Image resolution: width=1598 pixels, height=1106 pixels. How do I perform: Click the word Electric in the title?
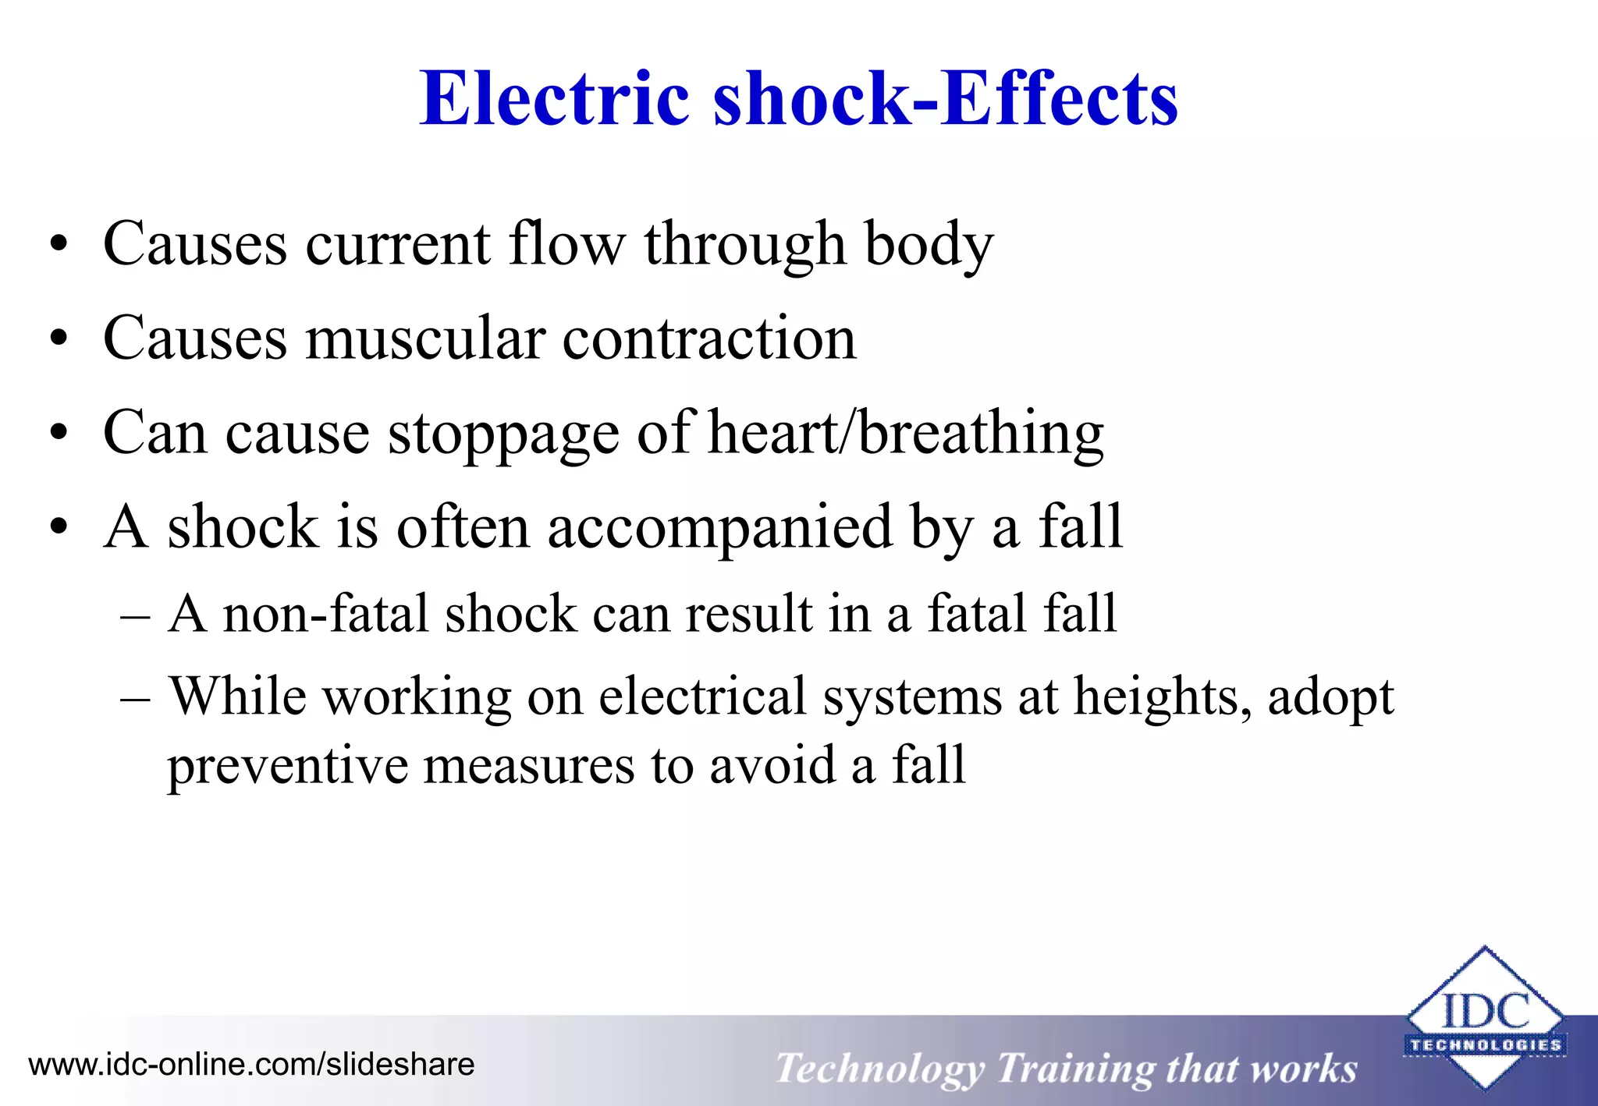coord(555,99)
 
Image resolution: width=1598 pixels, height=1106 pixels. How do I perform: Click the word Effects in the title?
coord(1060,99)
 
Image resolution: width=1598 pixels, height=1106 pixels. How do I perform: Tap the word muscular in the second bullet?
coord(424,339)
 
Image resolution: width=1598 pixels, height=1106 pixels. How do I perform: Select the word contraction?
coord(708,339)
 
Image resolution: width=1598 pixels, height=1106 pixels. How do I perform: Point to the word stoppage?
coord(503,435)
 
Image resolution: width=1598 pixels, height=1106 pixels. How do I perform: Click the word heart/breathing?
coord(905,434)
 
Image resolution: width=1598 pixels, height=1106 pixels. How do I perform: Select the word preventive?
coord(286,767)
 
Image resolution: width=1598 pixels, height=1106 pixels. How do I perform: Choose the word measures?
coord(528,767)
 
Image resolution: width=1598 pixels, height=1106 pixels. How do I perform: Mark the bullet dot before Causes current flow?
coord(59,245)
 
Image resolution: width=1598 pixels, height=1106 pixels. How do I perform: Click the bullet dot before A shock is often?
coord(59,528)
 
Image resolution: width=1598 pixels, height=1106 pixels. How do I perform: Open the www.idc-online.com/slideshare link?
coord(251,1065)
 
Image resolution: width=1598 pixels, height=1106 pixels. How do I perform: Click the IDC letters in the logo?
coord(1485,1012)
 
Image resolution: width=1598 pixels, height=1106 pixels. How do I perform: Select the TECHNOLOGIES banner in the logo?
coord(1485,1045)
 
